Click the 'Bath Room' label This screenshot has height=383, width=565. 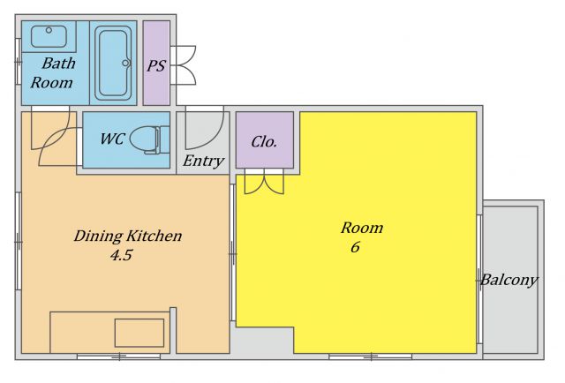coord(53,73)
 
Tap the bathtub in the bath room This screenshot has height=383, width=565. coord(113,63)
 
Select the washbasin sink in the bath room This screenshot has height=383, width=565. coord(49,36)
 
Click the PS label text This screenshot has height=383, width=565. coord(156,65)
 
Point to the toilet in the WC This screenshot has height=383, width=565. coord(150,139)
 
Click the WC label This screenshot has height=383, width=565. coord(112,139)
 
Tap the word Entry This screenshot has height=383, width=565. coord(203,161)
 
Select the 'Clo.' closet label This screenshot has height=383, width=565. coord(264,142)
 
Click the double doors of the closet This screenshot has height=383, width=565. coord(264,182)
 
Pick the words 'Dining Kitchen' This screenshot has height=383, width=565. coord(128,236)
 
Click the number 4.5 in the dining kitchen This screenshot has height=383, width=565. coord(121,255)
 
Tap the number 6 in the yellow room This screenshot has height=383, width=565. coord(355,247)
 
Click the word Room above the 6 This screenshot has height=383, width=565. coord(362,228)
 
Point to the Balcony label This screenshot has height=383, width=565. coord(509,280)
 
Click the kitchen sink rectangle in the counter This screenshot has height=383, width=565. coord(139,333)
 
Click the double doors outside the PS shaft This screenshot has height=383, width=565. coord(183,65)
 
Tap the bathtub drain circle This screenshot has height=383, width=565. coord(125,64)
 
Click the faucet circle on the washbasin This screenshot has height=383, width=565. coord(49,31)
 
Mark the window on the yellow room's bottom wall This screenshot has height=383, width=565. coord(370,357)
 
